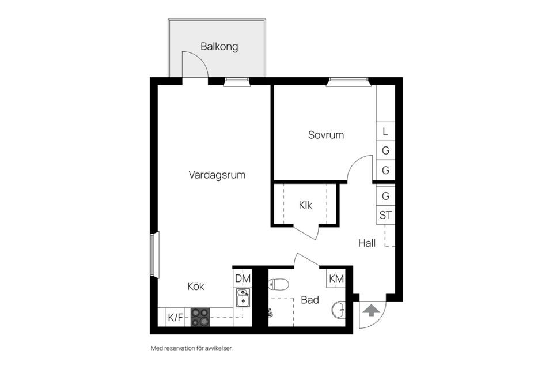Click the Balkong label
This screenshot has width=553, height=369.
219,46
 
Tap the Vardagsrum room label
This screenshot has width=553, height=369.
217,175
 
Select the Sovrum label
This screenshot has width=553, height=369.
325,135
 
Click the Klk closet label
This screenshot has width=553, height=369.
305,205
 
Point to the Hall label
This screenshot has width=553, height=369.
366,243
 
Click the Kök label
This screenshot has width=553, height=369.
195,286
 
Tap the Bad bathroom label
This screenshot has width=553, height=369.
309,300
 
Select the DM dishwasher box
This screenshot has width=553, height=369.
243,278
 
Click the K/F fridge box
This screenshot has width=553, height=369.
175,317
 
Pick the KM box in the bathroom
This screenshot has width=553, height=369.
336,278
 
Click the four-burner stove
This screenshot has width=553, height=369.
200,317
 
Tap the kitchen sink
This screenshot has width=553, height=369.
243,299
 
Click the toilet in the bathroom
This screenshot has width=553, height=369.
279,284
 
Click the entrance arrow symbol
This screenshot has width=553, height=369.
372,311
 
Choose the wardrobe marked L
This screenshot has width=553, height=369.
385,132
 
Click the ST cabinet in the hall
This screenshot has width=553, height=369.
385,216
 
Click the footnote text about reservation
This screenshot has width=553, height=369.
191,348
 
